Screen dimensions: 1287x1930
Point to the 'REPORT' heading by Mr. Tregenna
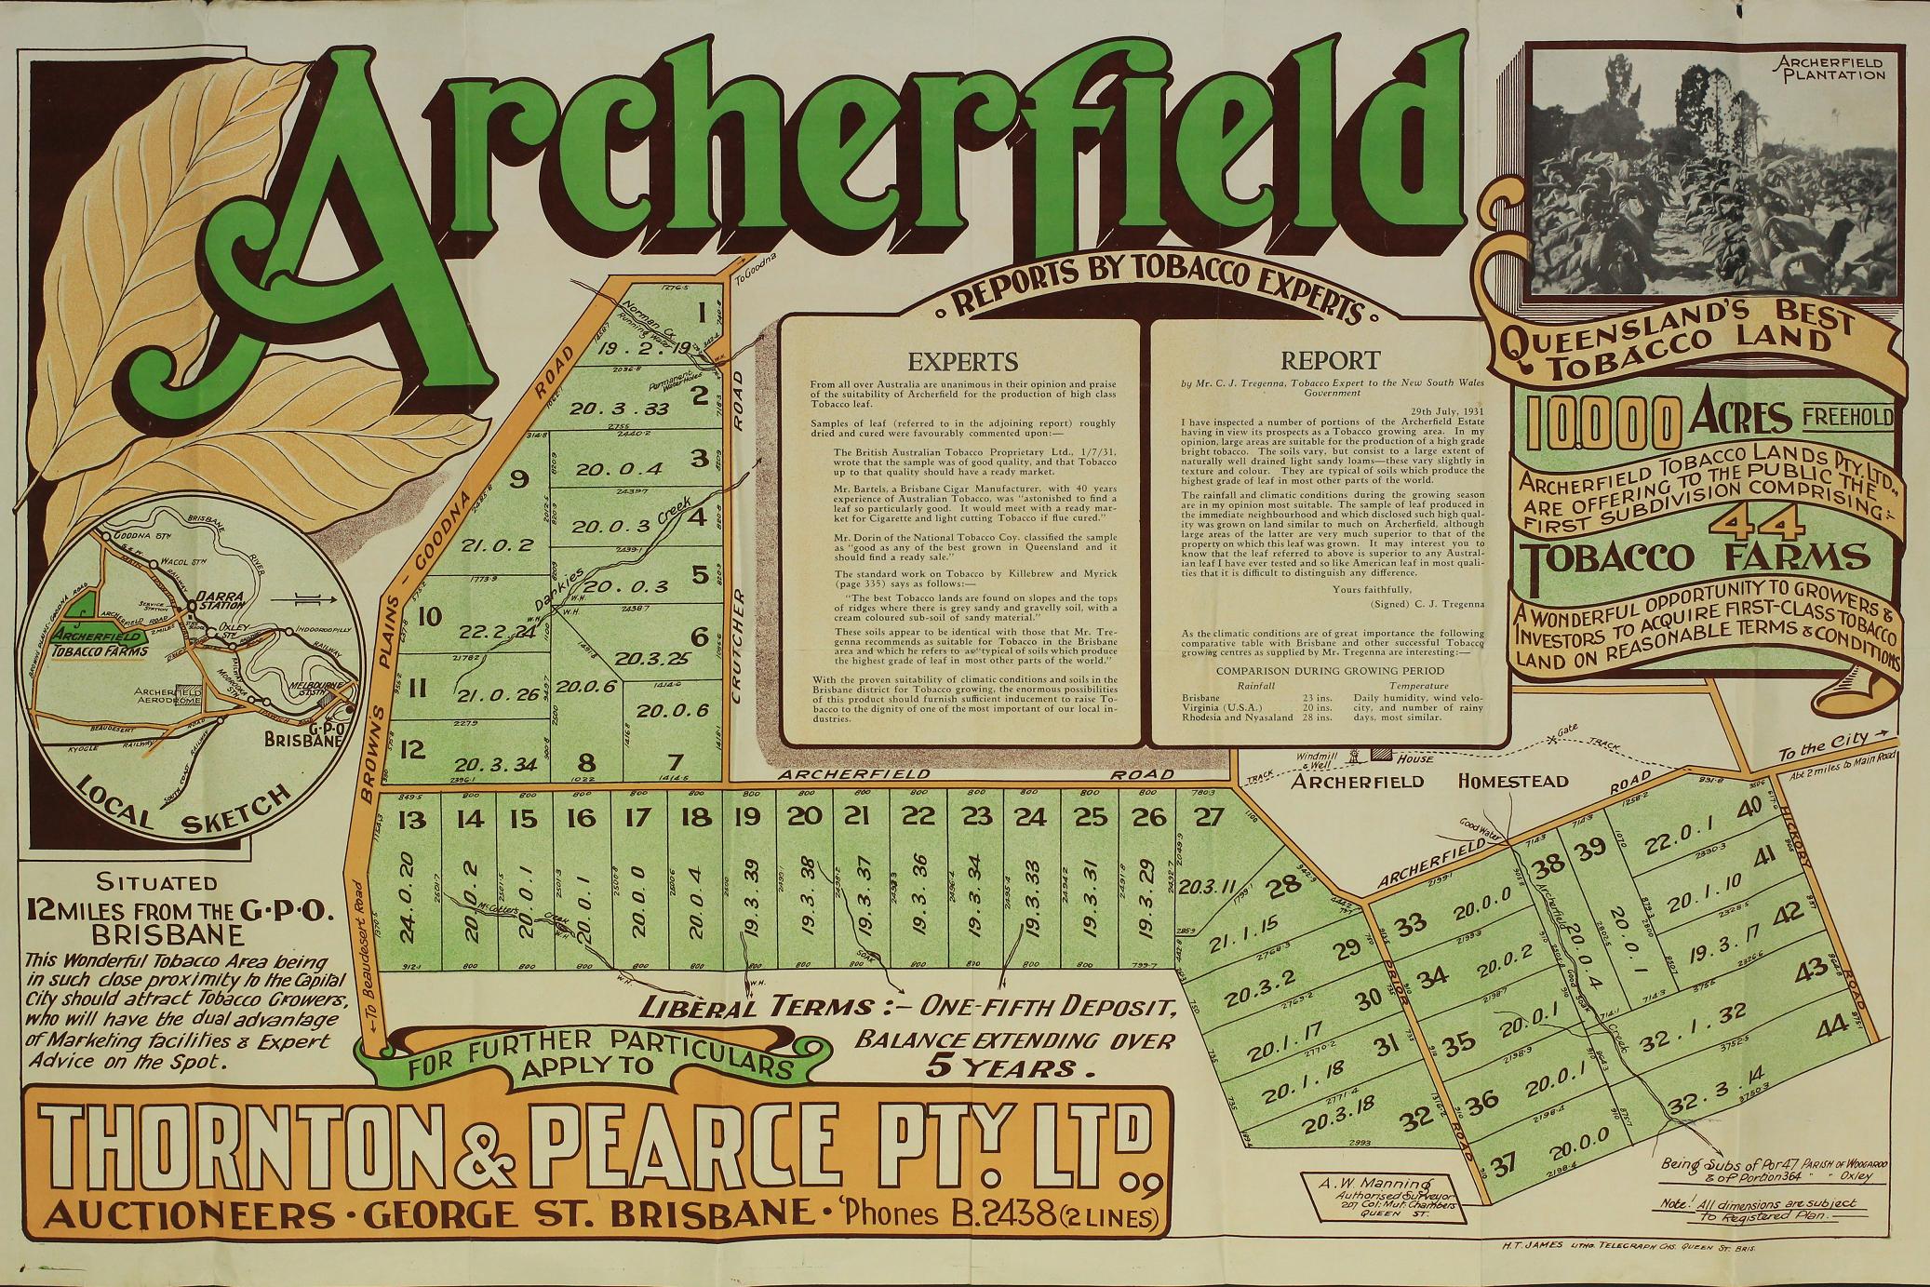pyautogui.click(x=1330, y=360)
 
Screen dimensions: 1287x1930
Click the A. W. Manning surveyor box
pyautogui.click(x=1379, y=1200)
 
